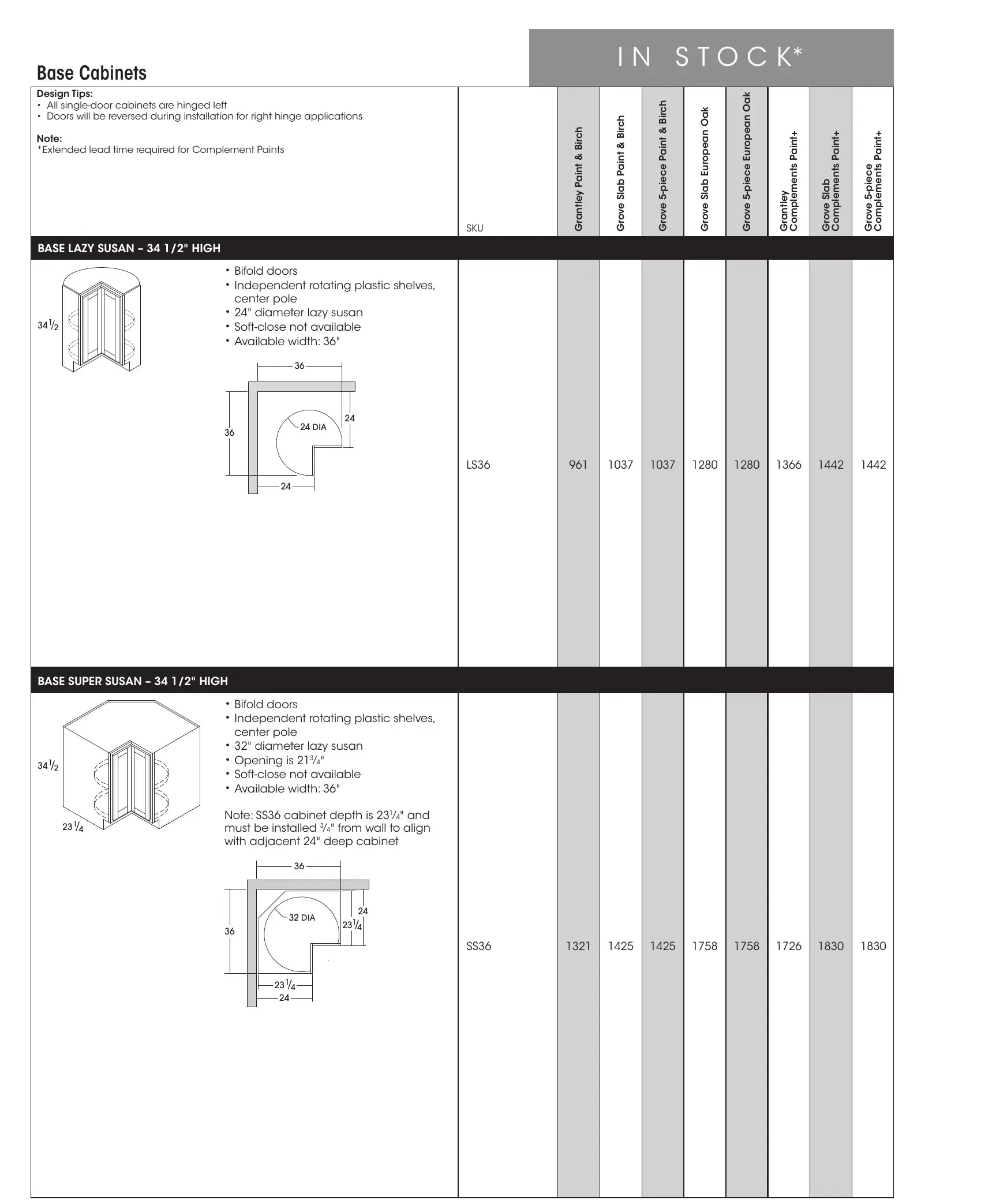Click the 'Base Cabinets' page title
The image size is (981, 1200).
pos(91,73)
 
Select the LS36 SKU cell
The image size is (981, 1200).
pos(478,465)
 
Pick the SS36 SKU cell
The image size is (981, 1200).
pos(478,946)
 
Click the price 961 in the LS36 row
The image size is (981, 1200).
pos(578,465)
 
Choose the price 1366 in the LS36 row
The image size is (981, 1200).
pos(788,465)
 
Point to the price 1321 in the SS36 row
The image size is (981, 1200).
pos(578,946)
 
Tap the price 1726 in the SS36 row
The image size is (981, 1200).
pos(788,946)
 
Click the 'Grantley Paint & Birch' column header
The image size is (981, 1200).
pos(579,179)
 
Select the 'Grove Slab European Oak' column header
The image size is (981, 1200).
pos(705,169)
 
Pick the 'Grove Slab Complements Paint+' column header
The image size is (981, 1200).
pos(830,181)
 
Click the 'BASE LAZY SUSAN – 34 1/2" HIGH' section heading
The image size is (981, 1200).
pos(129,248)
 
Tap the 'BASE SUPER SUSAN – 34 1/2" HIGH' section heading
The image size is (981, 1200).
pos(132,681)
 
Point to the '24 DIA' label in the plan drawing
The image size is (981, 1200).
pos(313,427)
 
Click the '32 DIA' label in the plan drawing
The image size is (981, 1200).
pos(302,918)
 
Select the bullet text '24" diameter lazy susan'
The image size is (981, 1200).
pos(298,312)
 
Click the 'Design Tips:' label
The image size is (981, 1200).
pos(65,94)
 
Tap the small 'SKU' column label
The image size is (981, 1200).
pos(474,228)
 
